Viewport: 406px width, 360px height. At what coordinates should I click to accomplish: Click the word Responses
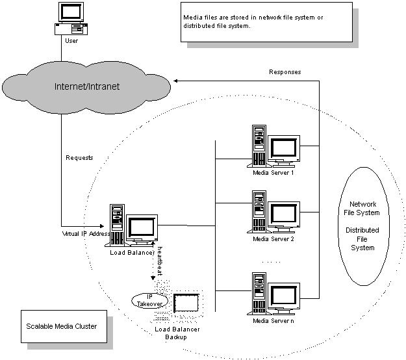285,72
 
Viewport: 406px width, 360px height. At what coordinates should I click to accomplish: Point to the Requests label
80,158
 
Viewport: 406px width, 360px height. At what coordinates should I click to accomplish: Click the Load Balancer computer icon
134,227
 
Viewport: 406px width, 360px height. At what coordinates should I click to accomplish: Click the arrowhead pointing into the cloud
173,81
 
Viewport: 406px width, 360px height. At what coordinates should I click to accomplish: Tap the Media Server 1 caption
273,174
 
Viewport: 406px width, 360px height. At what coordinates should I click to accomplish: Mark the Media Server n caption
273,321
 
